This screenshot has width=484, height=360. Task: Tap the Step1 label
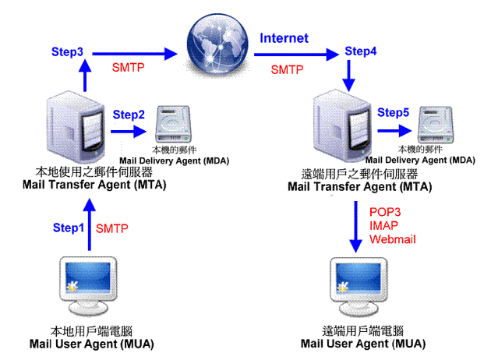point(69,228)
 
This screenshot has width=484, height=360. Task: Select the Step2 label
point(129,115)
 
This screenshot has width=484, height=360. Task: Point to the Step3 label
point(67,52)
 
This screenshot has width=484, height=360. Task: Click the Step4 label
point(361,51)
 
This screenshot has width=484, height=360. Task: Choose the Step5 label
point(393,112)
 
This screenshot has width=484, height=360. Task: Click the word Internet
point(284,38)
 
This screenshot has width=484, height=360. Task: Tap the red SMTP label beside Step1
point(111,228)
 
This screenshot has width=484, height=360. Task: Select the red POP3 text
point(385,212)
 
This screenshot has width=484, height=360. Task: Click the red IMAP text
point(383,225)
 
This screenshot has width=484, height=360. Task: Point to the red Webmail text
point(393,239)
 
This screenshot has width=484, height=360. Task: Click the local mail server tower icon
point(76,127)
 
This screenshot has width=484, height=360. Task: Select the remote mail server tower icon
point(343,126)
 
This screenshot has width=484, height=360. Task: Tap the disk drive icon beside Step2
point(173,124)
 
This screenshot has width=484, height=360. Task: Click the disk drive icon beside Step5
point(436,125)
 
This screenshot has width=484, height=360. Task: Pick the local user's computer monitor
point(88,286)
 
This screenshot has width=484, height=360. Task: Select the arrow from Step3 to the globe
point(135,54)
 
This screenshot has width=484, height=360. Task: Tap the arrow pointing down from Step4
point(349,76)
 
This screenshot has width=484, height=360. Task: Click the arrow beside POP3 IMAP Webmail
point(356,227)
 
